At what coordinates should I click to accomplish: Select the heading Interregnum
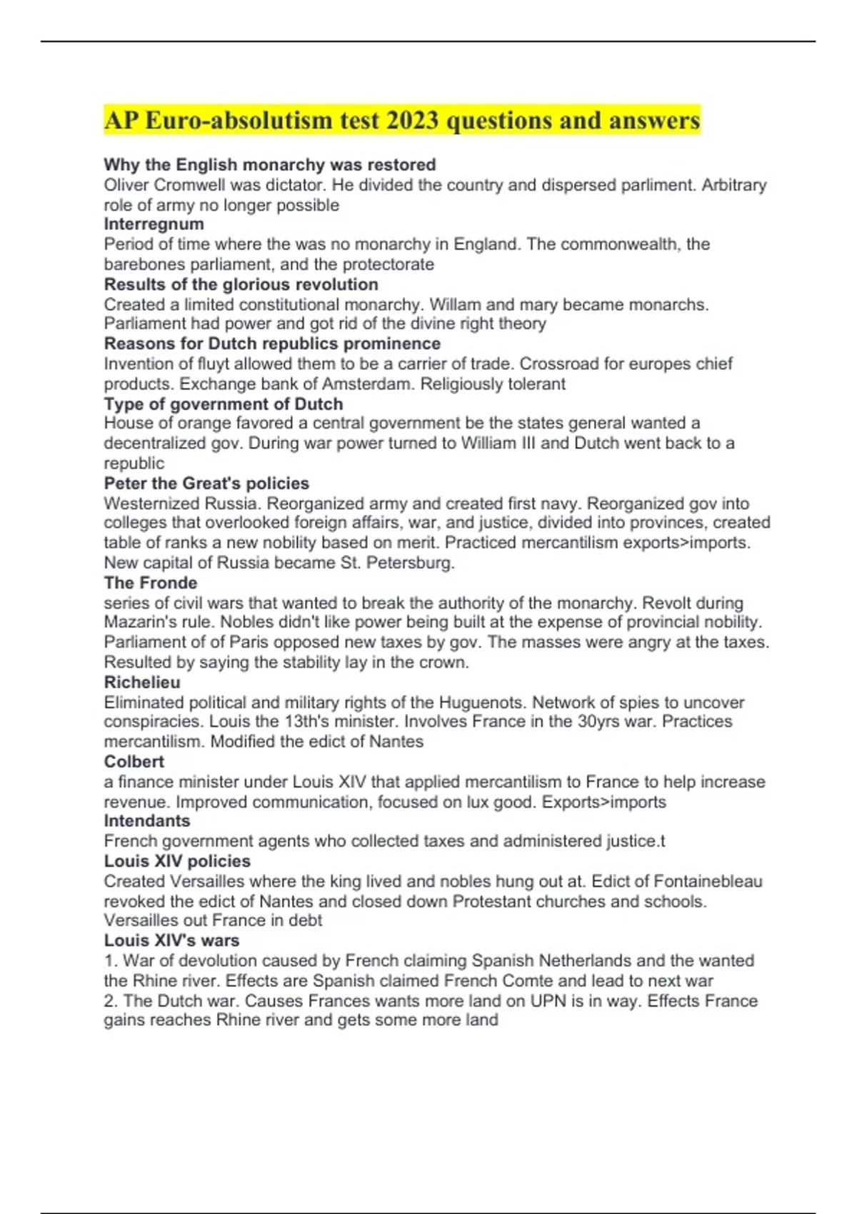tap(154, 224)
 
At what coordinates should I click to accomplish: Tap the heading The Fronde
tap(150, 583)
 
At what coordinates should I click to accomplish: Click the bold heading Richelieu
tap(142, 682)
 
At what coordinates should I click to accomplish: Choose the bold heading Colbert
tap(134, 761)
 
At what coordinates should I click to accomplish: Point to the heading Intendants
tap(147, 821)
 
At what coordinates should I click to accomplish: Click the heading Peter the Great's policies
tap(206, 483)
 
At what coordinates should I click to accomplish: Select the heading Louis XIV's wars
tap(171, 940)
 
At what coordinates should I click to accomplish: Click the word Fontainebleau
tap(708, 881)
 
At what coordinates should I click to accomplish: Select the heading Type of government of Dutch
tap(224, 403)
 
